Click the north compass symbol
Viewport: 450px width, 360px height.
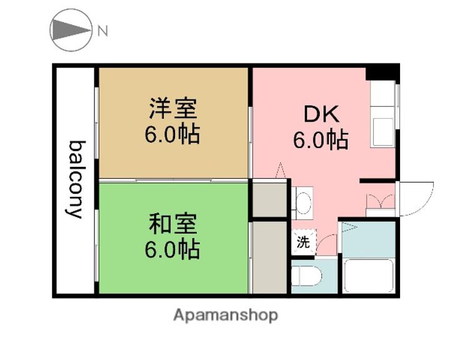tap(71, 30)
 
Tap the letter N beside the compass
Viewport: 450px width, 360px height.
tap(102, 31)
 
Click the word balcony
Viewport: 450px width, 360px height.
tap(76, 179)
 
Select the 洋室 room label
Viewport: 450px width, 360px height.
tap(173, 109)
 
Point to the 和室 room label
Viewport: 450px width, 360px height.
tap(173, 223)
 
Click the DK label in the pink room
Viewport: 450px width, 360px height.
tap(321, 114)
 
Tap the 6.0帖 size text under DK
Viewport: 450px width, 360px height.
tap(321, 141)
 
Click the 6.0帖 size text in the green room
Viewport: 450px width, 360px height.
tap(173, 249)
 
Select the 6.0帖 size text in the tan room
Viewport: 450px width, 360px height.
tap(173, 135)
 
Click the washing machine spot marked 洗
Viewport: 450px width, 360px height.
tap(303, 242)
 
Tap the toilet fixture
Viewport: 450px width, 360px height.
tap(306, 276)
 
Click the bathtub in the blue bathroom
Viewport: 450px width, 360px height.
tap(368, 275)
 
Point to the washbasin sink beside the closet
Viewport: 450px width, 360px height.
tap(304, 202)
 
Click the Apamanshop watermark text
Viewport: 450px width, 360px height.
tap(225, 315)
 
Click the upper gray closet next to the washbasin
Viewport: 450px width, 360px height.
tap(269, 199)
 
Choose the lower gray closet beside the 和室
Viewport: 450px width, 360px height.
tap(269, 256)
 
